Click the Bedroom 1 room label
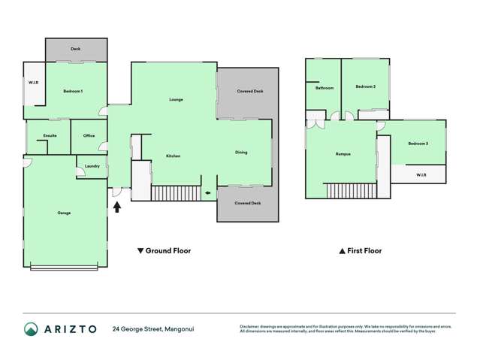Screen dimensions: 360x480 coord(73,91)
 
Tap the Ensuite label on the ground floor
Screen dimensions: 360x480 coord(50,135)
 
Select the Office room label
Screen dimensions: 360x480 coord(89,135)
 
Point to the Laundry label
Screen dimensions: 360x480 coord(92,166)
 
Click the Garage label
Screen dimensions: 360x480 coord(64,213)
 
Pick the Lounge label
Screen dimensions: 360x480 coord(176,99)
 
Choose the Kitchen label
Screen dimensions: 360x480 coord(173,156)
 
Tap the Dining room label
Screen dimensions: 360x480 coord(241,153)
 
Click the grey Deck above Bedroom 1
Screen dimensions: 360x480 coord(75,50)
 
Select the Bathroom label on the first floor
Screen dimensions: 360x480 coord(324,88)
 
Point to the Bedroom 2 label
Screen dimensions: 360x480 coord(365,86)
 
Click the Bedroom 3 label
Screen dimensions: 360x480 coord(418,143)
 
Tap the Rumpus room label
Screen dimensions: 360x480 coord(343,154)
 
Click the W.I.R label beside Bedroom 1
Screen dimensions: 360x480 coord(34,82)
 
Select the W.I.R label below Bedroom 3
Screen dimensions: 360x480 coord(421,175)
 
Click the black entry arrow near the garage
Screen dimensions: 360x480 coord(117,206)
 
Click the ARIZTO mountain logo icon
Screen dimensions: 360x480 coord(32,329)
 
